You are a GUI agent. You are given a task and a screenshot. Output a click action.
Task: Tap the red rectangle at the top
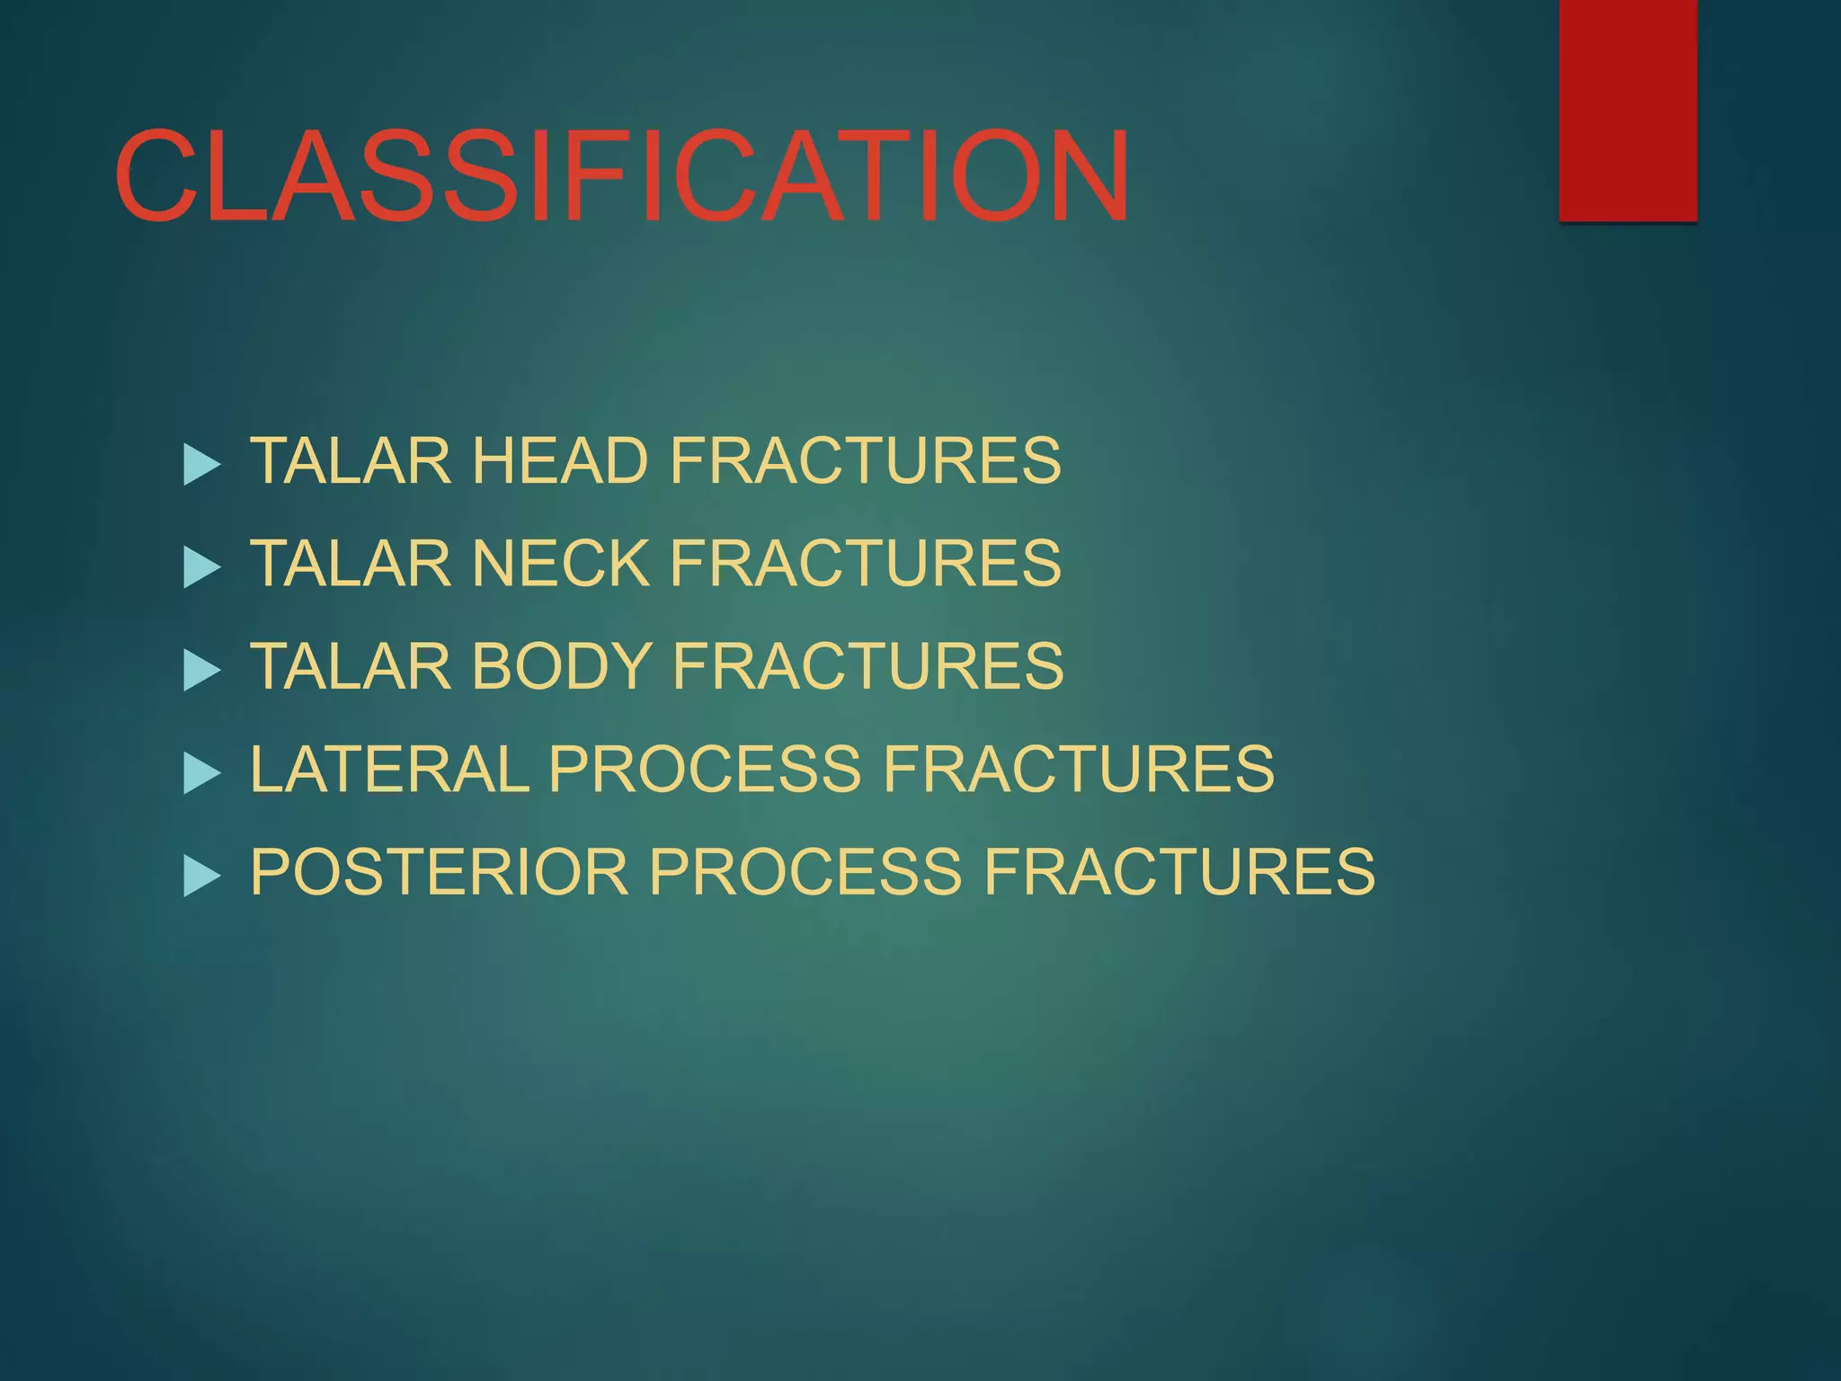pos(1627,110)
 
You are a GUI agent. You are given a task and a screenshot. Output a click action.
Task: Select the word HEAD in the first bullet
pos(559,460)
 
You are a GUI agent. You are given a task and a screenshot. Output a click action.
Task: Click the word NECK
pos(560,563)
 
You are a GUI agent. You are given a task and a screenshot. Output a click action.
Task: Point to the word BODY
pos(562,666)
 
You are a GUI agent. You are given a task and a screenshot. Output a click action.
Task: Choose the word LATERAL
pos(389,769)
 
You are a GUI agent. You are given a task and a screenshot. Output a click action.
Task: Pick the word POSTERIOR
pos(439,871)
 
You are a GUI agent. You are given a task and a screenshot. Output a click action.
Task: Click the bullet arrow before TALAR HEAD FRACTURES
pos(200,465)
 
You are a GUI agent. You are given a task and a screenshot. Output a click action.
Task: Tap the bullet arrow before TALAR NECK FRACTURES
pos(200,567)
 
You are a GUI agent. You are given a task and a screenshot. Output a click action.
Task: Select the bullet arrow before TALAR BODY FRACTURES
pos(200,671)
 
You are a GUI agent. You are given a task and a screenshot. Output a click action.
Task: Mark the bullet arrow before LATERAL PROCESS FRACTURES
pos(200,773)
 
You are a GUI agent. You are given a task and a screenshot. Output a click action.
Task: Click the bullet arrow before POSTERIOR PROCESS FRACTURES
pos(200,876)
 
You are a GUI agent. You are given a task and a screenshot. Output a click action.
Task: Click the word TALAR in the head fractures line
pos(350,460)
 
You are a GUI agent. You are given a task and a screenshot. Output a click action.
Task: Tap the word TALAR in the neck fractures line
pos(350,563)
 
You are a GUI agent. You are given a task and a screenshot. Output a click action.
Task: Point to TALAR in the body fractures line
pos(350,666)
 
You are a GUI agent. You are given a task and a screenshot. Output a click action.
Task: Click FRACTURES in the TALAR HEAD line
pos(865,460)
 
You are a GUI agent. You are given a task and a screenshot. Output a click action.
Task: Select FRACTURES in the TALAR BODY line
pos(867,666)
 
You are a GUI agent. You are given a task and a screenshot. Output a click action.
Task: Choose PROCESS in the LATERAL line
pos(704,769)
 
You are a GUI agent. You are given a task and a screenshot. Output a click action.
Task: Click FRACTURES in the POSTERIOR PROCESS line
pos(1178,871)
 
